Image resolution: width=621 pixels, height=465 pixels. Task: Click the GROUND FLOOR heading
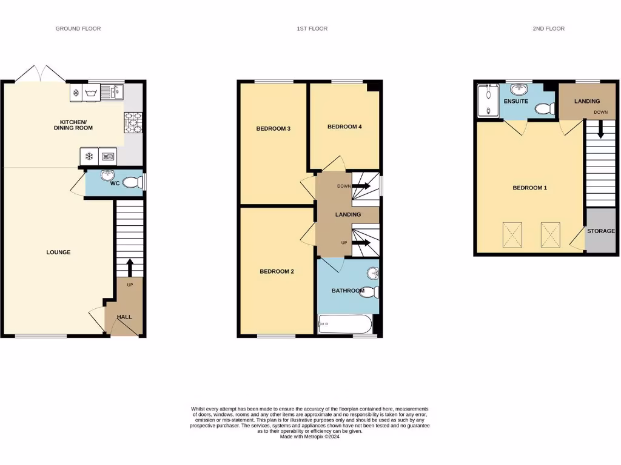[x=78, y=28]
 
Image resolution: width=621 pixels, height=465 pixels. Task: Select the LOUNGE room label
[x=58, y=252]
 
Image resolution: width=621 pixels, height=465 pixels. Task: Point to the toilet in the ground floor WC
[x=130, y=182]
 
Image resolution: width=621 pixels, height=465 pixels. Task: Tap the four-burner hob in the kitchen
[x=133, y=122]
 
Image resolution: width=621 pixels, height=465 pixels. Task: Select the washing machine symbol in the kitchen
[x=93, y=93]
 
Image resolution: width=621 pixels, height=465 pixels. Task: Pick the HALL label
[x=124, y=317]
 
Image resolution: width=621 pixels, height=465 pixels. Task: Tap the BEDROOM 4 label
[x=344, y=127]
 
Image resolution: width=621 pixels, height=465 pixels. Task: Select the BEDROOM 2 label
[x=277, y=271]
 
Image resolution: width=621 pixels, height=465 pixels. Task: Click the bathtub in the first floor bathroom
[x=344, y=324]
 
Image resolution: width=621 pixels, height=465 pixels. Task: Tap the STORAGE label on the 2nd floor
[x=601, y=231]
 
